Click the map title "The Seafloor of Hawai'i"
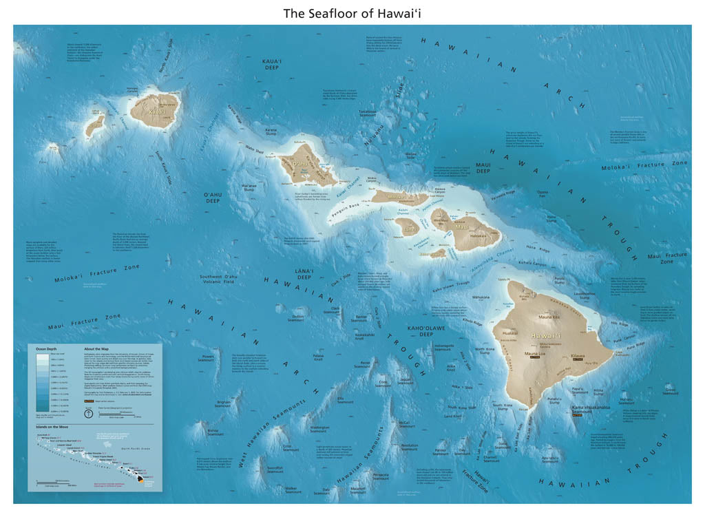(352, 12)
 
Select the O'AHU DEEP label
(212, 198)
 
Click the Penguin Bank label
(349, 204)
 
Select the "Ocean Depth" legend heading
(47, 350)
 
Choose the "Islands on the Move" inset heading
(52, 427)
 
